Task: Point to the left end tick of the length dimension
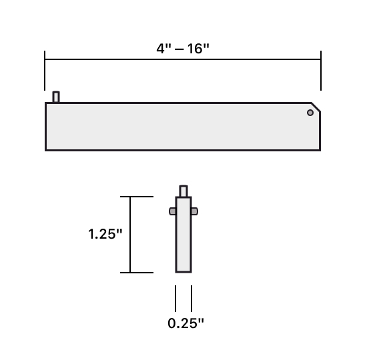[45, 70]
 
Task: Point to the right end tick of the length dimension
[321, 70]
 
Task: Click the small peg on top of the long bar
[56, 97]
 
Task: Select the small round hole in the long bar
[310, 113]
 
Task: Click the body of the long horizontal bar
[180, 127]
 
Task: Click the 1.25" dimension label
[105, 235]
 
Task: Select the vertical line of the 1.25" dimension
[130, 235]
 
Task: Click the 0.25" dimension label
[186, 323]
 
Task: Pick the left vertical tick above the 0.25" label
[175, 298]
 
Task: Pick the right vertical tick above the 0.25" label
[192, 298]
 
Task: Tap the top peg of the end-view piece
[183, 191]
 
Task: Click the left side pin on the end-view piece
[172, 211]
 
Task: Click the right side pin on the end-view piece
[195, 211]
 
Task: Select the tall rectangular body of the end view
[183, 240]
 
